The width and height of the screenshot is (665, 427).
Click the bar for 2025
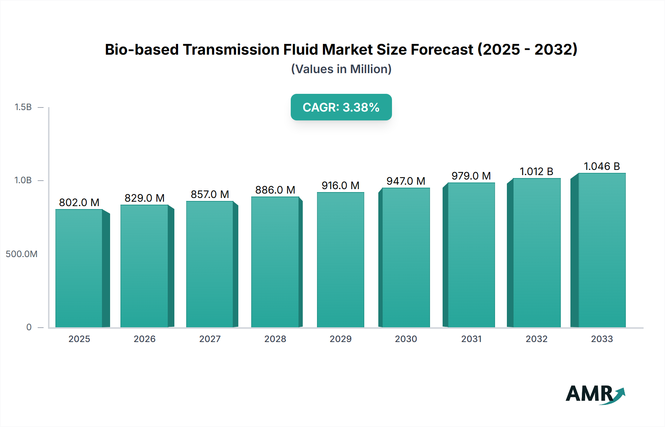(x=79, y=268)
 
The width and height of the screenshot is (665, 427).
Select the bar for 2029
(x=340, y=260)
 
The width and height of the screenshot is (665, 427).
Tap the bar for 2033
(x=602, y=250)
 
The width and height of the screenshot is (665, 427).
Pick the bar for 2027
(x=209, y=264)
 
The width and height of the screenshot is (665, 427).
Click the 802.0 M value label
(x=79, y=202)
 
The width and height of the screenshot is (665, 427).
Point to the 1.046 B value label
(x=601, y=166)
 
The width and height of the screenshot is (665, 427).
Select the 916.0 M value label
(x=340, y=185)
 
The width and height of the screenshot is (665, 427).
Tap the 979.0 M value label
(x=471, y=176)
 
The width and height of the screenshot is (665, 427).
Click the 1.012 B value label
(x=536, y=171)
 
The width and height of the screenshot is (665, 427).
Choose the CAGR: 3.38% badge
(x=341, y=107)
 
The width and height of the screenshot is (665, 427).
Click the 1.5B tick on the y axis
(x=23, y=107)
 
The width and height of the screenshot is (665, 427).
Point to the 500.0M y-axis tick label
(x=21, y=254)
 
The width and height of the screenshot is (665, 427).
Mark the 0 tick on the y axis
(x=29, y=327)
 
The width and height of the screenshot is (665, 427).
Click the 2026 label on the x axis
(x=144, y=339)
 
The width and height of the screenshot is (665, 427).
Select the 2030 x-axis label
(x=406, y=339)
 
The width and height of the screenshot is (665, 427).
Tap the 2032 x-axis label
(x=536, y=339)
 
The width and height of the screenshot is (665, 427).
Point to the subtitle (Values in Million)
(x=341, y=69)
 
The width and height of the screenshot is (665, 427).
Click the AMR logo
(x=595, y=394)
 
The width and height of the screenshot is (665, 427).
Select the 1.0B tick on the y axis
(x=23, y=180)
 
